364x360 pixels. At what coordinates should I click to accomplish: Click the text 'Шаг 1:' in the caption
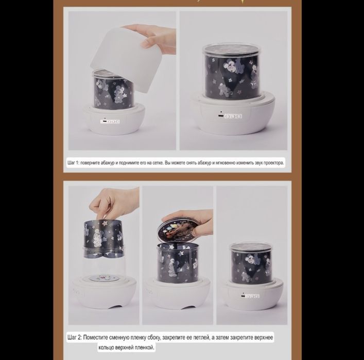(x=73, y=163)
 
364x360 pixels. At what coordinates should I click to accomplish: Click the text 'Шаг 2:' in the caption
(x=75, y=337)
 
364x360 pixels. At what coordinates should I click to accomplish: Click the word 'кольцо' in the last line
(x=106, y=348)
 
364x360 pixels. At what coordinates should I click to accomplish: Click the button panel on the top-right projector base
(x=230, y=116)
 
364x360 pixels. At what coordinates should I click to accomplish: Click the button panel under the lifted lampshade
(x=110, y=122)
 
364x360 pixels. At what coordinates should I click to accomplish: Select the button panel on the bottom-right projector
(x=250, y=296)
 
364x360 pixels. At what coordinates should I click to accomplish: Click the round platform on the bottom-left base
(x=104, y=278)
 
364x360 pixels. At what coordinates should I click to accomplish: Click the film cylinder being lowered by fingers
(x=103, y=239)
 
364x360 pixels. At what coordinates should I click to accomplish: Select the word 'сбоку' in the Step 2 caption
(x=153, y=337)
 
